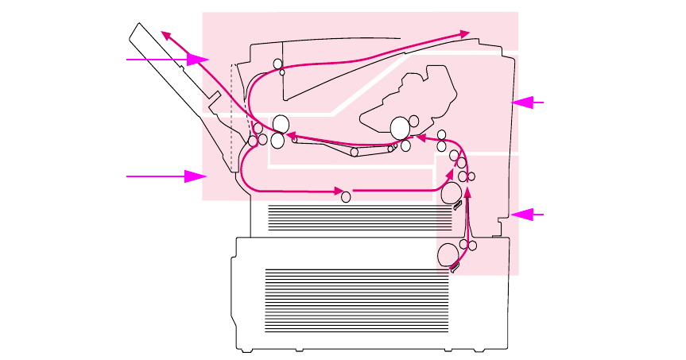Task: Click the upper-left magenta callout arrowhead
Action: pyautogui.click(x=198, y=60)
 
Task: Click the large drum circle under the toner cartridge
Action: pyautogui.click(x=401, y=127)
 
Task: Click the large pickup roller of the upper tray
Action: pyautogui.click(x=449, y=192)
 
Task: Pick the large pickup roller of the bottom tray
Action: pyautogui.click(x=447, y=255)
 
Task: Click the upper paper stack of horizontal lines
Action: pyautogui.click(x=354, y=217)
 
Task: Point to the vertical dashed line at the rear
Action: pyautogui.click(x=231, y=111)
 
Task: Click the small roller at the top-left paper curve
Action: pyautogui.click(x=277, y=63)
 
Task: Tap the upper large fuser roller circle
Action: pyautogui.click(x=280, y=124)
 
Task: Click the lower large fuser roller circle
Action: pyautogui.click(x=277, y=141)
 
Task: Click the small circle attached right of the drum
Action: pyautogui.click(x=414, y=122)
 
